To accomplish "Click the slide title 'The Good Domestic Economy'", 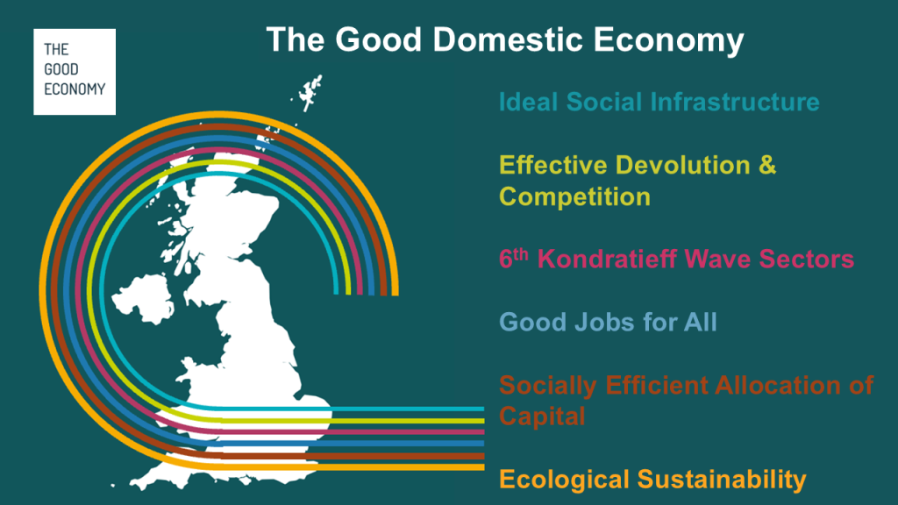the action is pos(505,40).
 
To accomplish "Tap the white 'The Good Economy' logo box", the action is pos(75,72).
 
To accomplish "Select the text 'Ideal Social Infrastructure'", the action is pos(659,102).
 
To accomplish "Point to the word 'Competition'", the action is pos(574,197).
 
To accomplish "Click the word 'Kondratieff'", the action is pos(607,259).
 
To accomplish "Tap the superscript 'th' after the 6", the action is pos(521,254).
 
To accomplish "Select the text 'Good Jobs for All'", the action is pos(608,322).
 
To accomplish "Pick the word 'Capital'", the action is pos(542,416).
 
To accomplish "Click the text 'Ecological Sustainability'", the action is pos(652,480).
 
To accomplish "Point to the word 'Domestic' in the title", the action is pos(508,40).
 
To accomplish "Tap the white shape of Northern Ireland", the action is pos(143,298).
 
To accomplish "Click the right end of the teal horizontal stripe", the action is pos(483,409).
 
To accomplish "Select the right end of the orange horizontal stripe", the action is pos(483,467).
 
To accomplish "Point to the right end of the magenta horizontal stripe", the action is pos(483,432).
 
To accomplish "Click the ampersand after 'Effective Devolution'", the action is pos(767,165).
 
